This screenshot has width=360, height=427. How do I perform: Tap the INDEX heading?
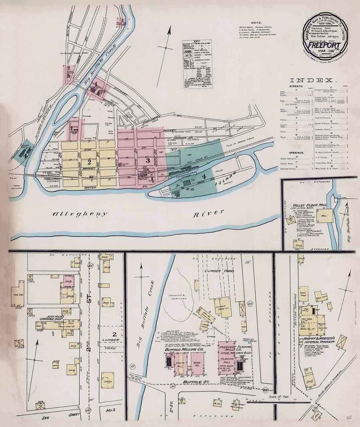click(313, 80)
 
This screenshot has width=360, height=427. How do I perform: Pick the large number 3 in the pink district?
click(146, 160)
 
